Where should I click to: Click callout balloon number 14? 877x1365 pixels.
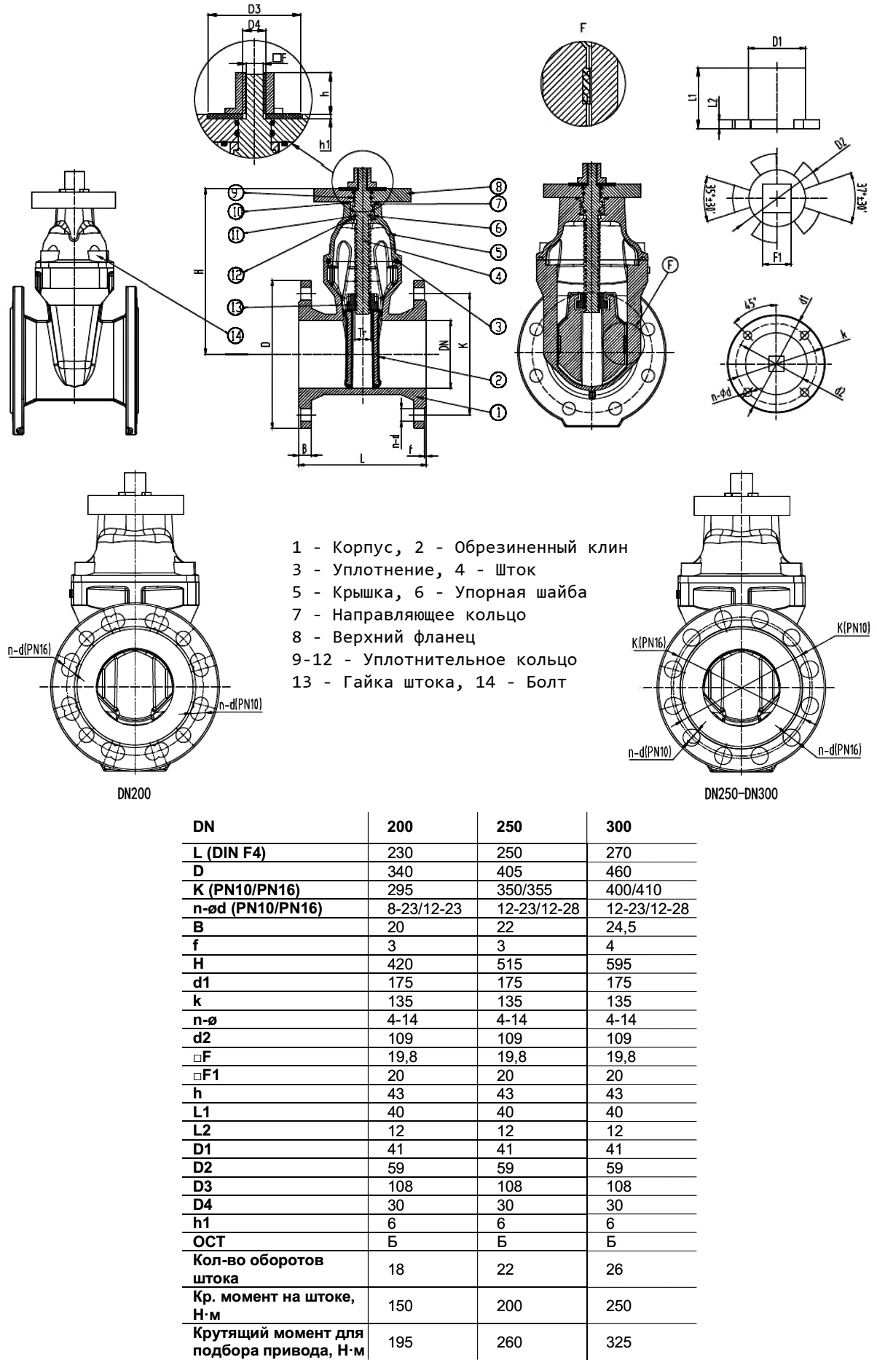pyautogui.click(x=235, y=335)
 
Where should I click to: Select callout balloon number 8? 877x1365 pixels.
pyautogui.click(x=498, y=186)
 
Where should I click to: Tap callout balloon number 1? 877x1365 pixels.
pyautogui.click(x=498, y=412)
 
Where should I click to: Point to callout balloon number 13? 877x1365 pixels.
pyautogui.click(x=235, y=307)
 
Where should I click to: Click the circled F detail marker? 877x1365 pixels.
pyautogui.click(x=670, y=267)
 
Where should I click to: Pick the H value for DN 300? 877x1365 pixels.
pyautogui.click(x=621, y=964)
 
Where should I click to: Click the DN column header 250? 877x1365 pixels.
pyautogui.click(x=509, y=827)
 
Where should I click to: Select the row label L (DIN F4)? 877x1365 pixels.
pyautogui.click(x=229, y=853)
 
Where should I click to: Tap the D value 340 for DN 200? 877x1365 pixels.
pyautogui.click(x=400, y=872)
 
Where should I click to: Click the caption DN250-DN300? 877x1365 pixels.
pyautogui.click(x=741, y=794)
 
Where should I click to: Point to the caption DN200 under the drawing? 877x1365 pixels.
pyautogui.click(x=134, y=794)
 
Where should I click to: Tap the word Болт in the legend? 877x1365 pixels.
pyautogui.click(x=546, y=682)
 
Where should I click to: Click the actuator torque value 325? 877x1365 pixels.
pyautogui.click(x=619, y=1342)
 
